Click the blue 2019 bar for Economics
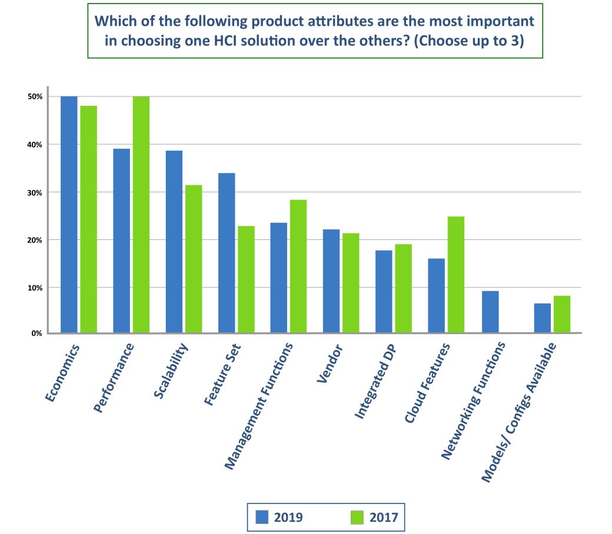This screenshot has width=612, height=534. tap(69, 215)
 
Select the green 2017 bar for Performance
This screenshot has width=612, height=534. tap(141, 215)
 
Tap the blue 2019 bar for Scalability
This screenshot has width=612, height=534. tap(174, 242)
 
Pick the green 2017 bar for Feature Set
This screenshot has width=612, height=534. tap(246, 279)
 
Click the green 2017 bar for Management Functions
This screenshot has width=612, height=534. tap(298, 266)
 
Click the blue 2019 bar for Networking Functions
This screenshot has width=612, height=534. tap(490, 312)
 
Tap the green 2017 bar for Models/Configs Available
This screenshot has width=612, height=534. tap(561, 315)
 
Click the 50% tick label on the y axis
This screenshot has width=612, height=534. tap(36, 96)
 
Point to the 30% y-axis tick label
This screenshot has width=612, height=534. tap(36, 192)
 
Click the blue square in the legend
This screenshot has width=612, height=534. tap(262, 517)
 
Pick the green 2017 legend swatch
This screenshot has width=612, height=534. tap(357, 517)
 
